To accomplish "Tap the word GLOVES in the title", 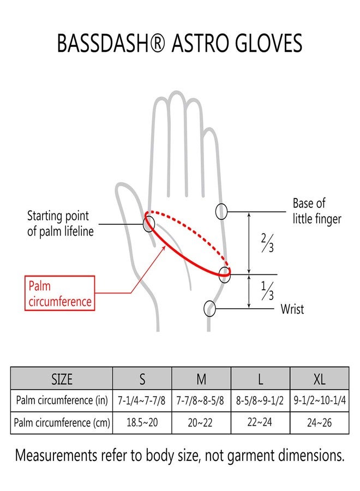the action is pyautogui.click(x=268, y=43).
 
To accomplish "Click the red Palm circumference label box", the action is pyautogui.click(x=59, y=293).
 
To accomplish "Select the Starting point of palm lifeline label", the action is pyautogui.click(x=60, y=224).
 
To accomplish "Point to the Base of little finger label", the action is pyautogui.click(x=317, y=211).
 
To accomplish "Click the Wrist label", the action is pyautogui.click(x=292, y=309).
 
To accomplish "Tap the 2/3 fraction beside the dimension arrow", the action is pyautogui.click(x=267, y=243).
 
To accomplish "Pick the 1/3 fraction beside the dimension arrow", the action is pyautogui.click(x=267, y=291).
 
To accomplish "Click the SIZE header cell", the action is pyautogui.click(x=62, y=379).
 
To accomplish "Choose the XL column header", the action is pyautogui.click(x=319, y=379).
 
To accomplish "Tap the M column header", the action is pyautogui.click(x=201, y=379).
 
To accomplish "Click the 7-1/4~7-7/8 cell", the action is pyautogui.click(x=141, y=400).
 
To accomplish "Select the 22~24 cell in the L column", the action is pyautogui.click(x=260, y=422).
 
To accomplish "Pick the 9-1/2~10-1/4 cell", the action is pyautogui.click(x=320, y=400).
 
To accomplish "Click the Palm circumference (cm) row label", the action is pyautogui.click(x=62, y=423).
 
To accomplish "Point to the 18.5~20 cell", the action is pyautogui.click(x=142, y=422).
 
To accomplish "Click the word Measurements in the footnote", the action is pyautogui.click(x=56, y=456).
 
